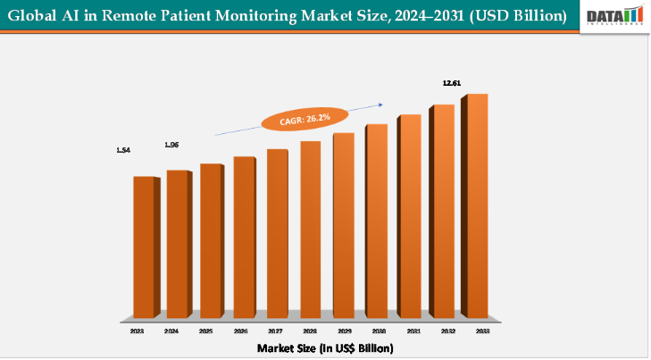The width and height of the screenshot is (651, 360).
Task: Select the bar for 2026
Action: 243,237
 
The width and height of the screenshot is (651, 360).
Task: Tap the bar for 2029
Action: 343,225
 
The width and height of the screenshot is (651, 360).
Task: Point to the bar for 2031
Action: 409,216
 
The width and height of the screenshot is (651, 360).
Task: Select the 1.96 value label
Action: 171,145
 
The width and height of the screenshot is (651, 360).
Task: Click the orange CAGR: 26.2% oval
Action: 295,119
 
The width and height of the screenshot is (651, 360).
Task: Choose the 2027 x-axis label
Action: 270,331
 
